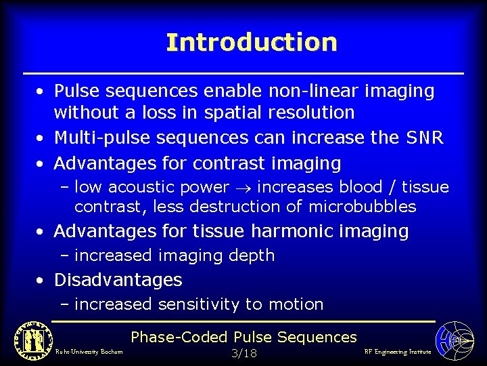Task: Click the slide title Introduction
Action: (251, 42)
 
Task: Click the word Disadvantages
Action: (118, 279)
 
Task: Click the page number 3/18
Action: (243, 353)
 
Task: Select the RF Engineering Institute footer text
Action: (397, 352)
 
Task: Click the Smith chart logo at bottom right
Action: (454, 340)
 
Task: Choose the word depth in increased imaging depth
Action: (251, 256)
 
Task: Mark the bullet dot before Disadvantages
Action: (42, 280)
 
